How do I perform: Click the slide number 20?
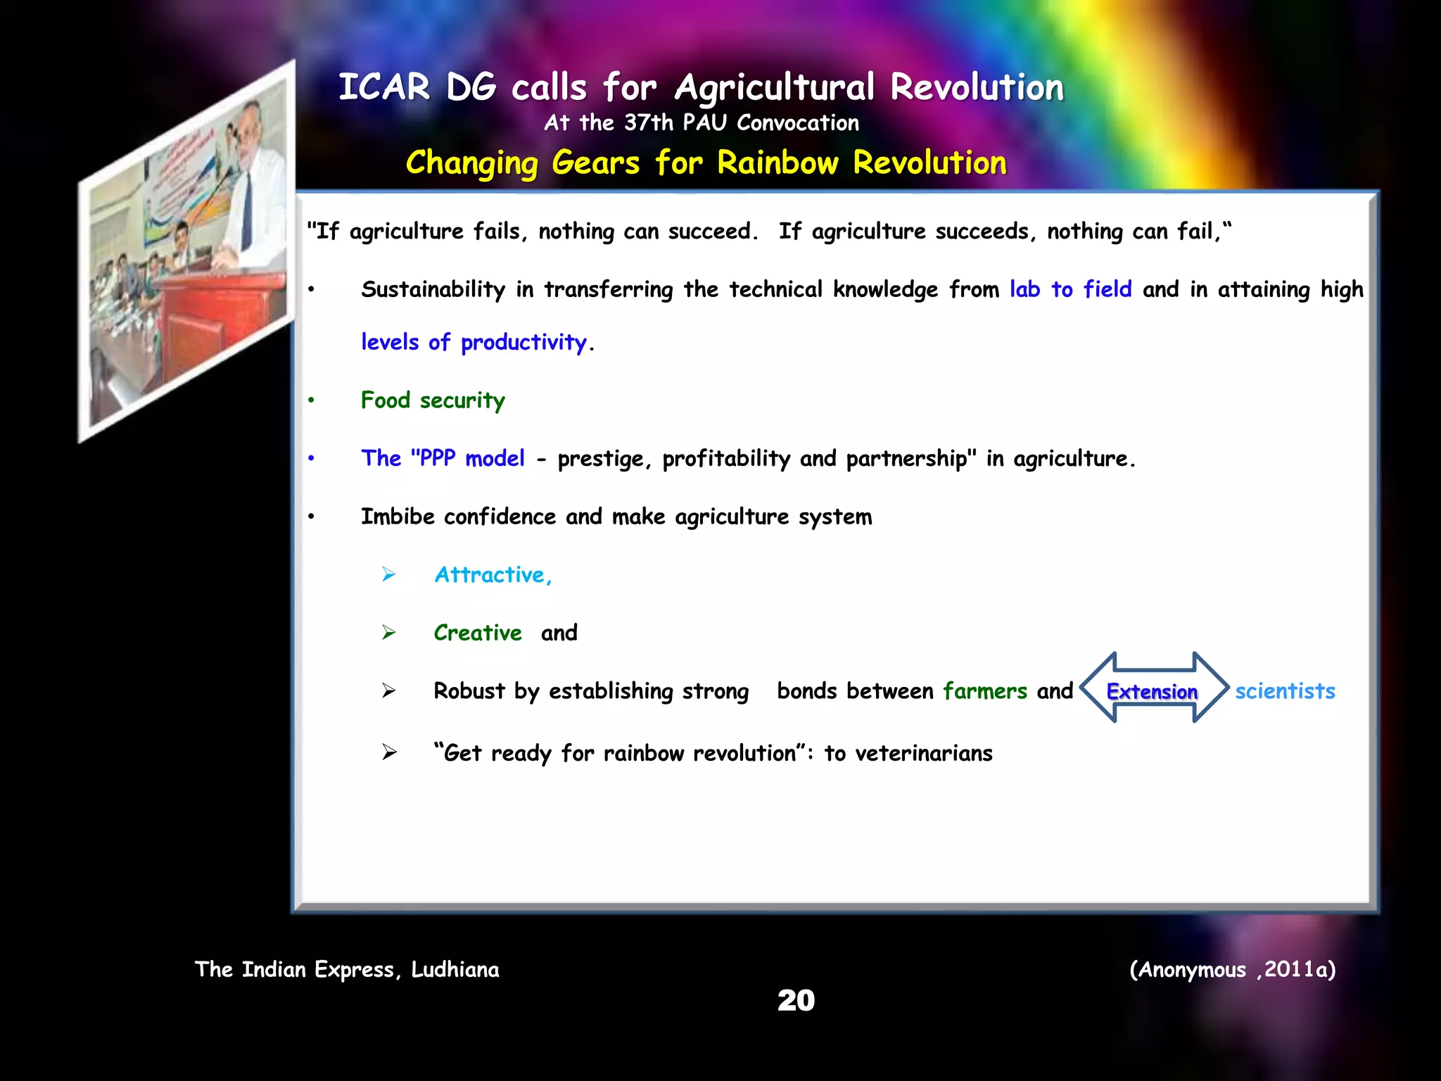[796, 1000]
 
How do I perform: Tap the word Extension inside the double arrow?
[1152, 692]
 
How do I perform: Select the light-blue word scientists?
[1285, 691]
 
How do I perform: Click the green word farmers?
[984, 691]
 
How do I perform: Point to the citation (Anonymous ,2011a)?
[1232, 970]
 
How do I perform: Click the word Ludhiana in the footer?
[455, 970]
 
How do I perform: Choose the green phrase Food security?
[433, 400]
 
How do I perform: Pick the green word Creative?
[478, 633]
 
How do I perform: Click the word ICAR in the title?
[383, 88]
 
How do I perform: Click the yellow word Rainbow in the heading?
[777, 163]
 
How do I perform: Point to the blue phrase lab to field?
[1070, 289]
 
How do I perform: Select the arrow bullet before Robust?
[389, 691]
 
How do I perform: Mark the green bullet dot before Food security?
[311, 400]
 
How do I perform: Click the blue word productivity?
[523, 343]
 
